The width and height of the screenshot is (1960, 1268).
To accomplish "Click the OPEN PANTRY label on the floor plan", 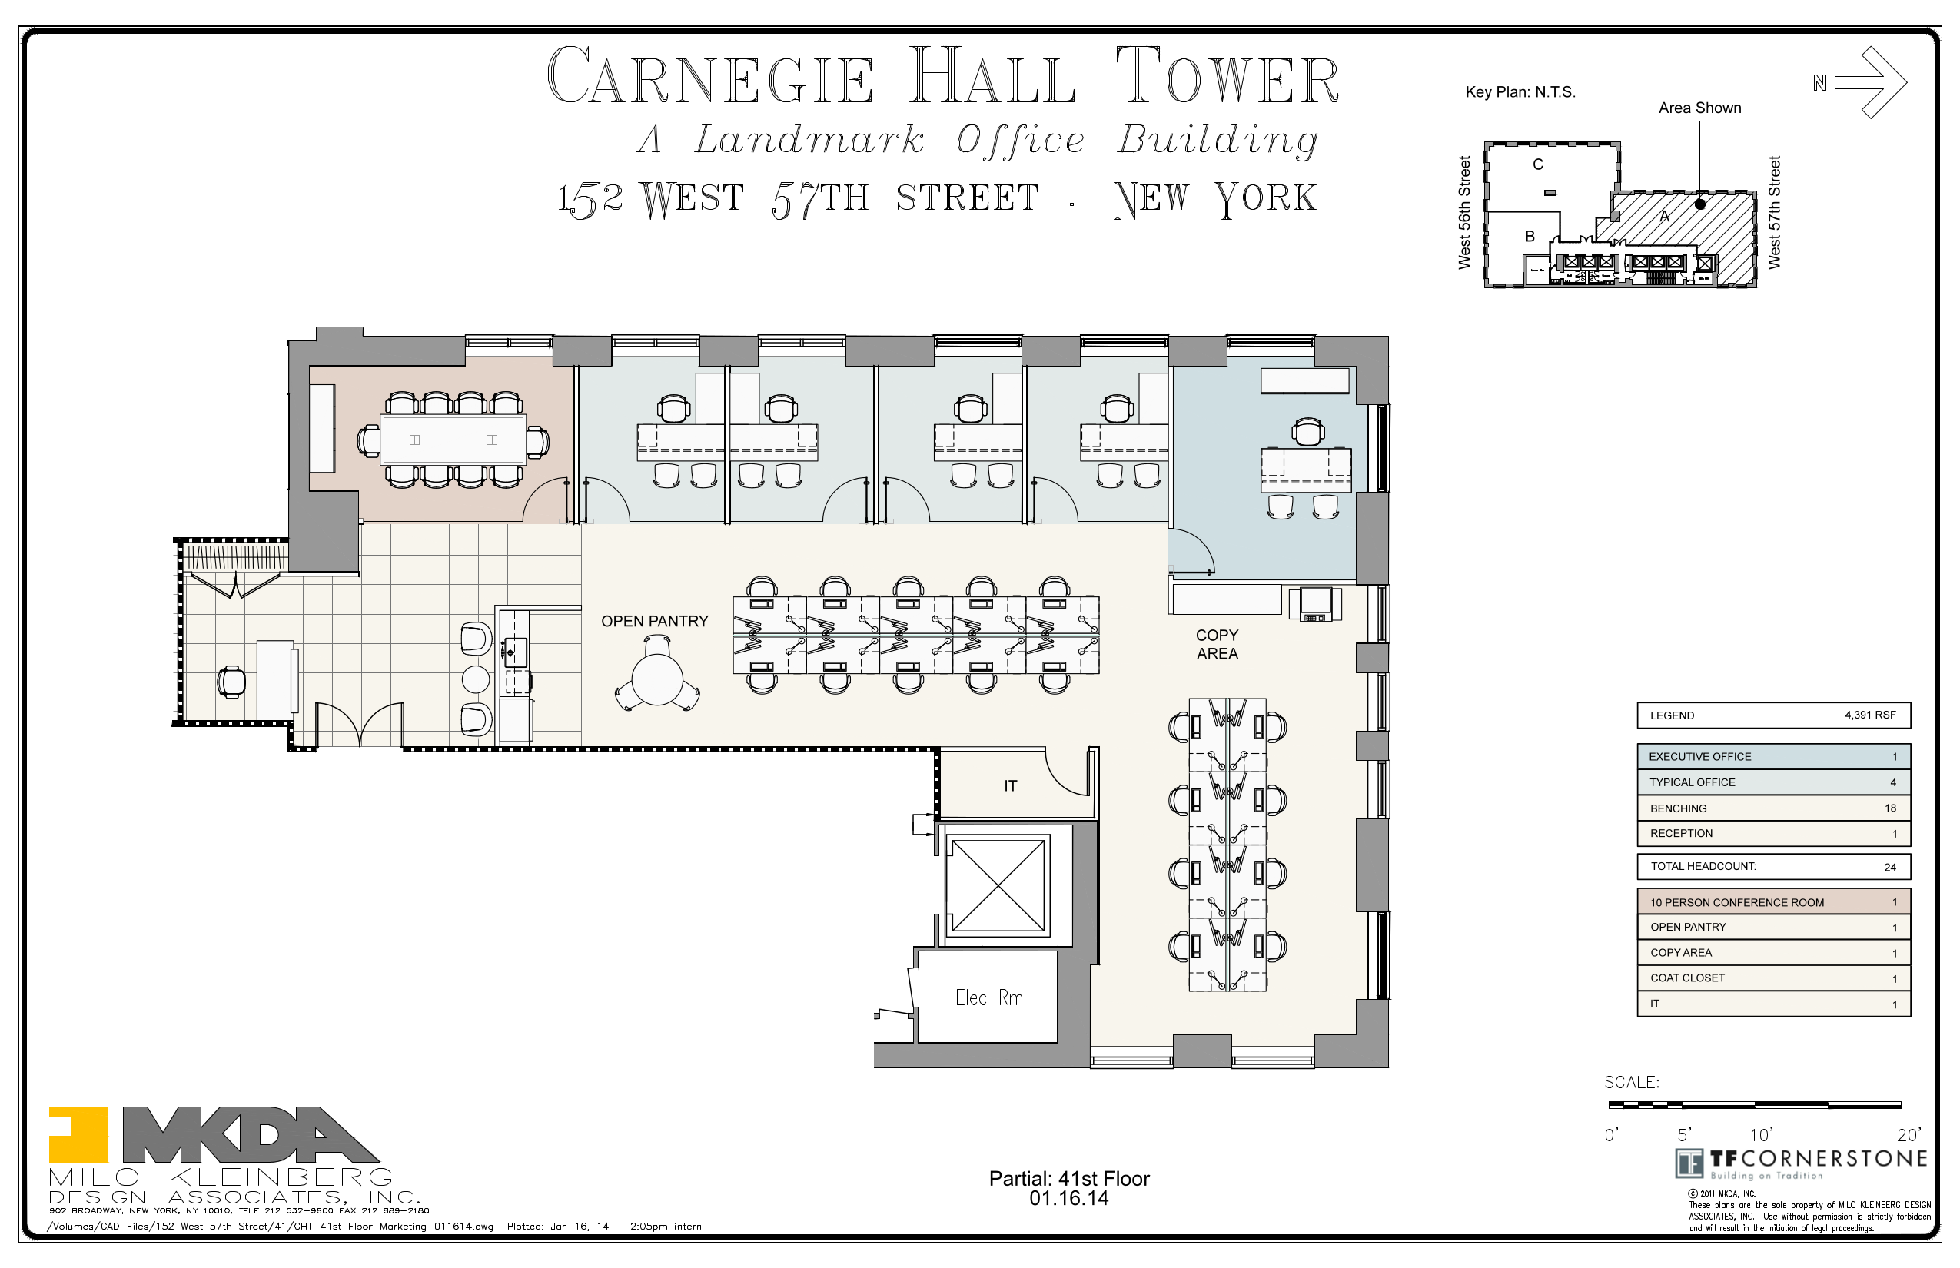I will point(654,622).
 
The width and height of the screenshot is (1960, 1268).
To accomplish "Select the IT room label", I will point(1010,786).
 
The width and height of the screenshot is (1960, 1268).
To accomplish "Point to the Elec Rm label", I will point(988,998).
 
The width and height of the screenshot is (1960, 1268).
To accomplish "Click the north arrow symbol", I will point(1870,82).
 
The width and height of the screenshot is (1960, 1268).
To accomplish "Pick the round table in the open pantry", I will point(656,680).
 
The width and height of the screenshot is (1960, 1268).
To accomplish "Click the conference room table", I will point(452,440).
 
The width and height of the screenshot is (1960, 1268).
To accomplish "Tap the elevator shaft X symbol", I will point(998,885).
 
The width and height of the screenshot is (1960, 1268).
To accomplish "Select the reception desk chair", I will point(231,682).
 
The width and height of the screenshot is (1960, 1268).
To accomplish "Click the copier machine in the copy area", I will point(1314,603).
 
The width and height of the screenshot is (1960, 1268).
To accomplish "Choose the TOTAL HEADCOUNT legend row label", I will point(1703,866).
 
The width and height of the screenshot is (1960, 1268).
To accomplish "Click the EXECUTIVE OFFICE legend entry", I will point(1699,757).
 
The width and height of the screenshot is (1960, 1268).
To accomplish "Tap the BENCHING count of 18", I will point(1890,808).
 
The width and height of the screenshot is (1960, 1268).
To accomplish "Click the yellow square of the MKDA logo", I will point(78,1134).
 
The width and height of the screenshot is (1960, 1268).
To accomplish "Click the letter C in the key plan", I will point(1537,164).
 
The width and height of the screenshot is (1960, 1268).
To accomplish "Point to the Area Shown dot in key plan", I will point(1699,204).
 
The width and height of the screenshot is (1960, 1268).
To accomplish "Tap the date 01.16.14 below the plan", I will point(1068,1199).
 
